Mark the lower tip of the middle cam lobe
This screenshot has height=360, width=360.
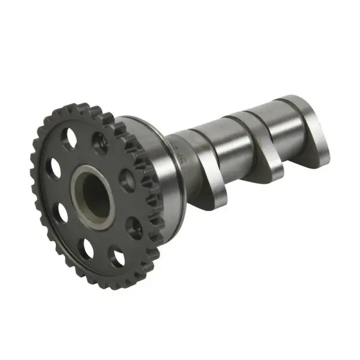click(x=273, y=174)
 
